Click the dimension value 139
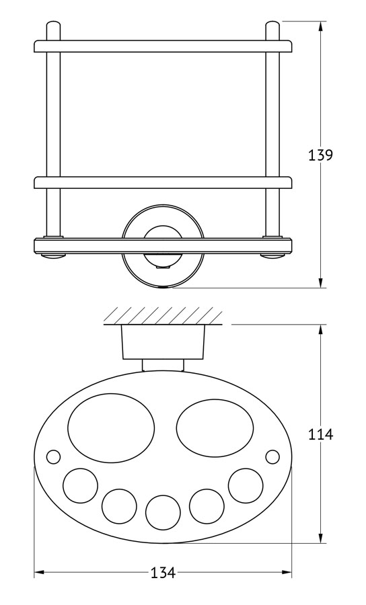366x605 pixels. [320, 155]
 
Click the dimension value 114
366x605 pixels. [320, 434]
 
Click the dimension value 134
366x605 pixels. [163, 573]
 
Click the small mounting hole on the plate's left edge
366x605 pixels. [53, 457]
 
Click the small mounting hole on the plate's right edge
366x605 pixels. [272, 457]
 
